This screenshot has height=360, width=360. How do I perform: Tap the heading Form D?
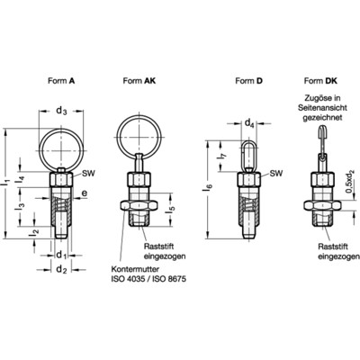(x=248, y=80)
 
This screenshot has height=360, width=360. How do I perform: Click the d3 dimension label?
(x=61, y=112)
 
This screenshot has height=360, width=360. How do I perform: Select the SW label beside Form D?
(x=275, y=173)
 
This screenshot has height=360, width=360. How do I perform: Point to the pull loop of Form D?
(x=248, y=147)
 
